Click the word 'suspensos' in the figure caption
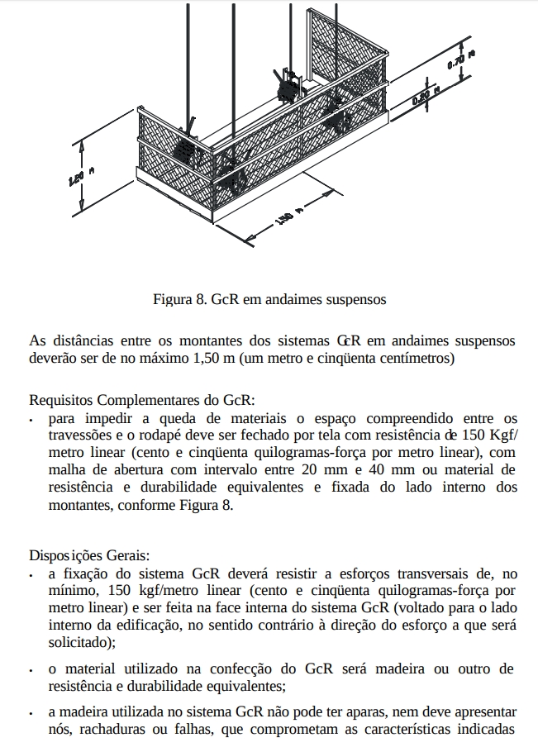[356, 298]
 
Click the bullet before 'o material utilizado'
[31, 668]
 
